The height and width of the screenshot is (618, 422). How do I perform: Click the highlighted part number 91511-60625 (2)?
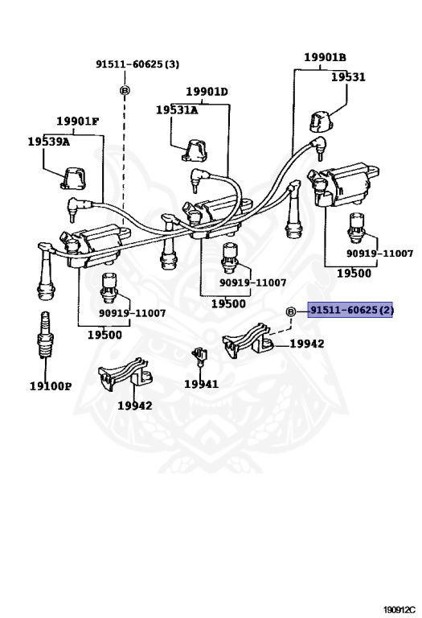point(350,310)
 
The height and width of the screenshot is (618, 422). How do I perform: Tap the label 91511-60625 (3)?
point(137,64)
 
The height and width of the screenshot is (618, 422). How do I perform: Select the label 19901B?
point(326,58)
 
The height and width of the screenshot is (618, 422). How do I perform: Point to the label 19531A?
point(177,110)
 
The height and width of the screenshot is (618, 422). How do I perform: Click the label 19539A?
point(49,142)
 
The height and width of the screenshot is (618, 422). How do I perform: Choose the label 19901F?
point(77,121)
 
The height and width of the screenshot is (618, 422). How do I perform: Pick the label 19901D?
point(207,92)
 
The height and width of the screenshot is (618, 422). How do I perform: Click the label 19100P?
point(51,386)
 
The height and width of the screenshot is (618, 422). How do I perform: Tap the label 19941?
point(201,384)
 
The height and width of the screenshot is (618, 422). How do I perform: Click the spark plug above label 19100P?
point(45,335)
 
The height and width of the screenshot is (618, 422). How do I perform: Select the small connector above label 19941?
point(199,356)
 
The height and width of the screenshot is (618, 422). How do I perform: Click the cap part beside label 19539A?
point(74,179)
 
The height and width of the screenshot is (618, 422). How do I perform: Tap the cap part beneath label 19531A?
point(195,150)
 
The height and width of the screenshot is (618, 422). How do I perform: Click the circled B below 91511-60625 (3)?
point(125,91)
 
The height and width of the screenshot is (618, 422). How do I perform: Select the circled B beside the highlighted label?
point(290,311)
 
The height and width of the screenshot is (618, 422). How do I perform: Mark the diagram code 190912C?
point(399,610)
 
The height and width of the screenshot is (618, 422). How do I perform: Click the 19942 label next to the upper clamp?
point(307,344)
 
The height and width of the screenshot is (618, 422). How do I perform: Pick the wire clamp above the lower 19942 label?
point(125,373)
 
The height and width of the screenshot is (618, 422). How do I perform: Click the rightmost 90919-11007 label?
point(380,253)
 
